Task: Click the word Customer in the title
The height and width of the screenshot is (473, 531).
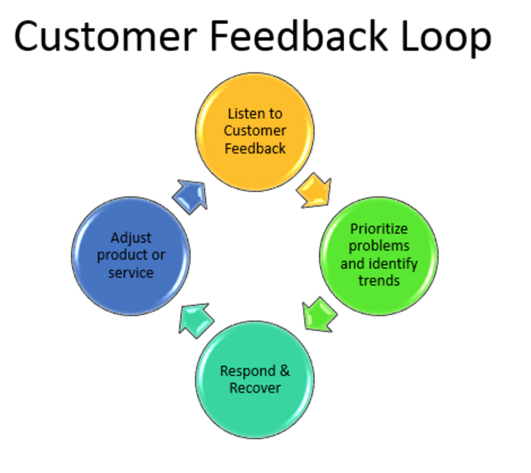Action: click(x=105, y=37)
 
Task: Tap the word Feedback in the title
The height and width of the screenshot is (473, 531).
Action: click(x=299, y=37)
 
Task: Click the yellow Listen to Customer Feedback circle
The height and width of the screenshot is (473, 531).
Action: click(x=255, y=131)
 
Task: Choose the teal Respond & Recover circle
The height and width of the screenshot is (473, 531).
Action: click(x=255, y=379)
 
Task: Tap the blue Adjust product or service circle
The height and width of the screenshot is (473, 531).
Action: click(x=131, y=255)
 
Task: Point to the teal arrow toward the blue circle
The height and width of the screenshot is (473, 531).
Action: click(x=195, y=320)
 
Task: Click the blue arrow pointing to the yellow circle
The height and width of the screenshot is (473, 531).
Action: click(x=191, y=196)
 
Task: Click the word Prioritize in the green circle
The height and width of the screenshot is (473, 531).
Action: click(x=379, y=229)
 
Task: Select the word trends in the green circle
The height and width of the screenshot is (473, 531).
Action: click(x=379, y=281)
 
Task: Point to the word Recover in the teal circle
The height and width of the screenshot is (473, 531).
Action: click(x=255, y=388)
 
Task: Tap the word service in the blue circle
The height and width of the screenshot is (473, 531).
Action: click(x=131, y=273)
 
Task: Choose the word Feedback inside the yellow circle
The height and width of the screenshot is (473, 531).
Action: click(x=255, y=148)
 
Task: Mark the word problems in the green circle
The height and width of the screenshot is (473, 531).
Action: click(x=379, y=246)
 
